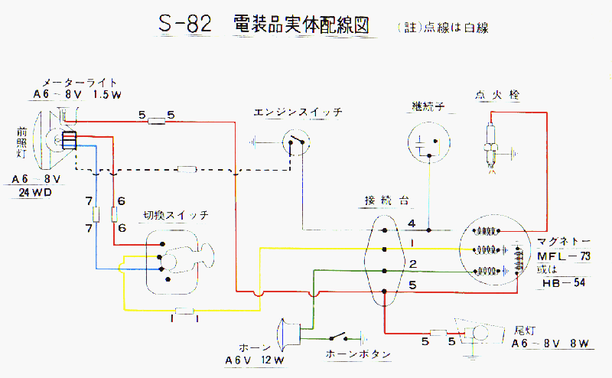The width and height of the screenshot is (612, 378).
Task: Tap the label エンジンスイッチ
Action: click(x=298, y=112)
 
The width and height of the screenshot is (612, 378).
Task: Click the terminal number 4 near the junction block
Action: click(x=412, y=223)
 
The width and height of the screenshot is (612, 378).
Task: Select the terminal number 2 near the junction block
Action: click(x=412, y=264)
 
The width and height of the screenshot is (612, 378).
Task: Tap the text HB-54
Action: click(x=565, y=283)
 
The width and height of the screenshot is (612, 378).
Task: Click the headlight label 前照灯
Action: click(x=22, y=142)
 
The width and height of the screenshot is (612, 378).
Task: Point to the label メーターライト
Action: click(x=80, y=82)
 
